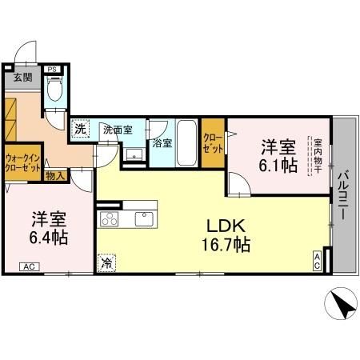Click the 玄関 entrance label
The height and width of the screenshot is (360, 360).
[x=22, y=78]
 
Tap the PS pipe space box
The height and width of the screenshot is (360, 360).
[x=52, y=70]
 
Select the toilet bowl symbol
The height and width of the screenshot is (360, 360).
[x=54, y=91]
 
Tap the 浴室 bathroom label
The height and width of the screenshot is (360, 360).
[x=162, y=142]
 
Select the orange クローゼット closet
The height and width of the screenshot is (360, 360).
[x=213, y=143]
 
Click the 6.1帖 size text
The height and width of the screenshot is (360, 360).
[x=278, y=166]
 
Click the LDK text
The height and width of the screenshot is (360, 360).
[x=226, y=225]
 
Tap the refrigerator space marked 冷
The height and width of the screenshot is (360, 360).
[x=107, y=261]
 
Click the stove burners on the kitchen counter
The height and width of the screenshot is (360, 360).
[x=107, y=218]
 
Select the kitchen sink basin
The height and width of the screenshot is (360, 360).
[x=144, y=218]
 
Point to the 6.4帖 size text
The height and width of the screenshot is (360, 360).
[x=50, y=238]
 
